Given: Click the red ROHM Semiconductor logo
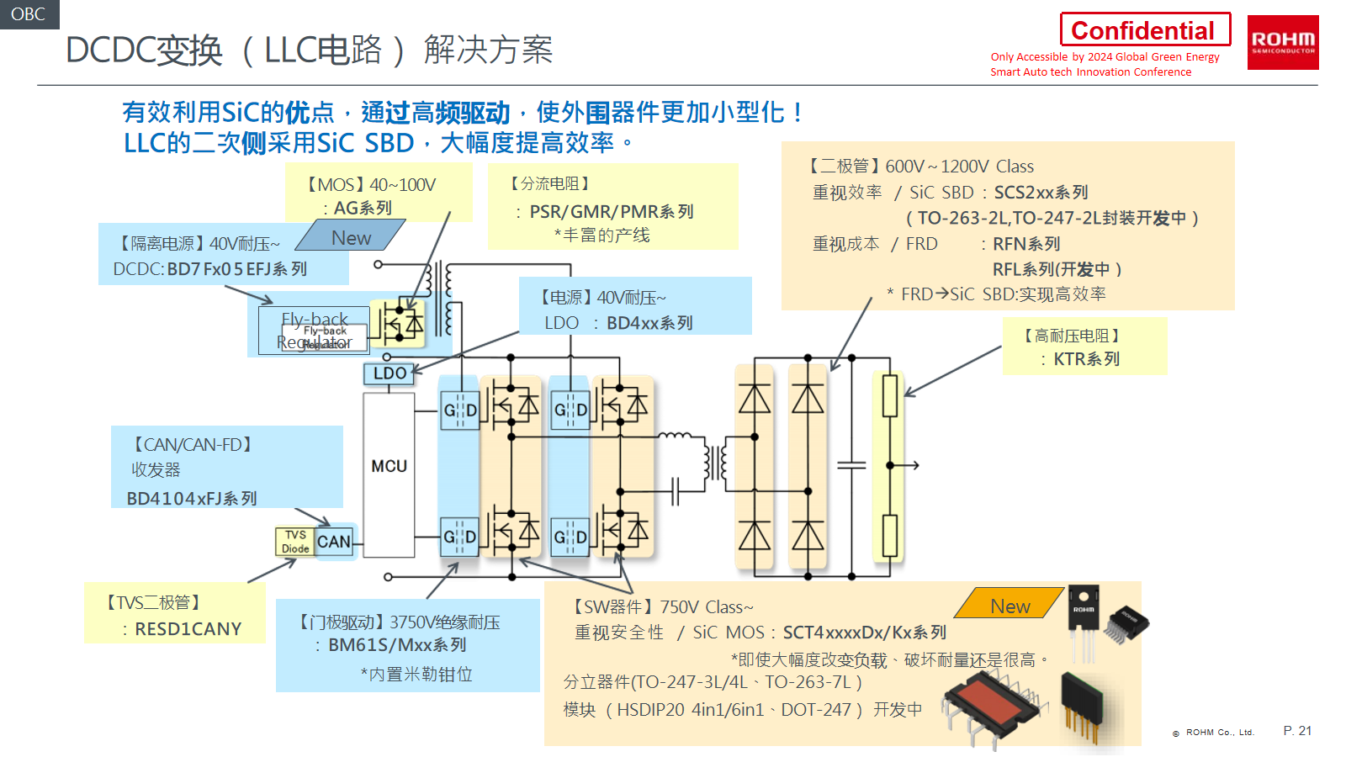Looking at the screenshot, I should (1282, 42).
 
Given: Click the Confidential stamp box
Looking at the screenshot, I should (1144, 30).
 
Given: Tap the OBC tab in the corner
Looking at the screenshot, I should (29, 14).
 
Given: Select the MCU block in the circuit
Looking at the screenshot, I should (389, 467).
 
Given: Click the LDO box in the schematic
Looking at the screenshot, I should (389, 373).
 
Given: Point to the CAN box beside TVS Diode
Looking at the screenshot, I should (334, 542).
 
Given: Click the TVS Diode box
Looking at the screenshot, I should (295, 542).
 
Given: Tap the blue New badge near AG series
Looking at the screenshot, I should (351, 238).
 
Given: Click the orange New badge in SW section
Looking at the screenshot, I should (1010, 606).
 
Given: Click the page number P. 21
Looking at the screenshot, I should (1297, 731).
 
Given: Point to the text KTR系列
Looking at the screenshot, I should (1086, 359).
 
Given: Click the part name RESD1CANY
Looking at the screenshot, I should (188, 629).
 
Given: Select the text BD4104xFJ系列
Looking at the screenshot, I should (192, 499).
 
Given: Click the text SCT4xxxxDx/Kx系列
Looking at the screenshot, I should (864, 633).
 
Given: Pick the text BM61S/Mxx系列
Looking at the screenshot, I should (397, 645).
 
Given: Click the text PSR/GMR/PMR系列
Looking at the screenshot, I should (612, 212).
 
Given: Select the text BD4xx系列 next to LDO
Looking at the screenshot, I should (649, 323).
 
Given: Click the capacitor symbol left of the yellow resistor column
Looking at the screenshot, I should (851, 465).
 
